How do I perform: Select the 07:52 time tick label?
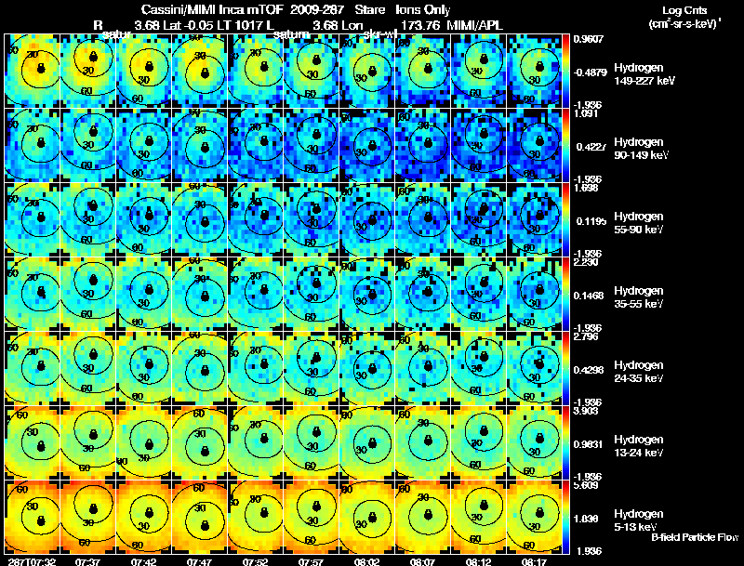point(255,560)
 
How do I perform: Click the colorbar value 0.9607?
point(590,38)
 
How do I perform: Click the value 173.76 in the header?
point(417,23)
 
